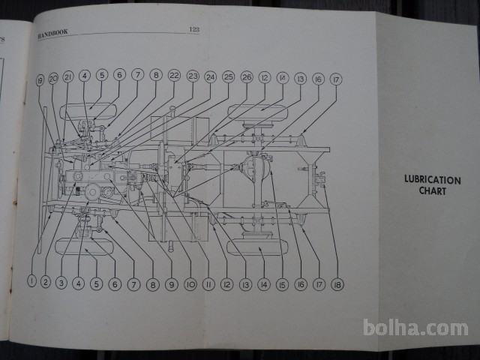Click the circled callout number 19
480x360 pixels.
[40, 81]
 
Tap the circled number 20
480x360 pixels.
[53, 79]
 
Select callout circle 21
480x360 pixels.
[68, 77]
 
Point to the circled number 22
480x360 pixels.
[174, 75]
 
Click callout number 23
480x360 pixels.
[193, 76]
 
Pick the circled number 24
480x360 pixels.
[210, 76]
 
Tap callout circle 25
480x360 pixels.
[228, 76]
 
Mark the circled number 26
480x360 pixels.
[246, 76]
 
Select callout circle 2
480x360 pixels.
[46, 282]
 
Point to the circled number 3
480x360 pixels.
[61, 283]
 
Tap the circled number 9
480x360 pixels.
[172, 284]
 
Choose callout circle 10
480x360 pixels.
[190, 284]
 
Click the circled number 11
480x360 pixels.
[208, 285]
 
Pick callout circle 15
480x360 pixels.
[281, 284]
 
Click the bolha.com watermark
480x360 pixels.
[415, 328]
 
